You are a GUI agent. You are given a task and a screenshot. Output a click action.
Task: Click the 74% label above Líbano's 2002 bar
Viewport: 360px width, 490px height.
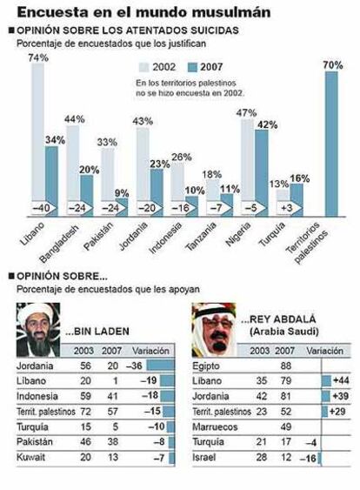click(38, 57)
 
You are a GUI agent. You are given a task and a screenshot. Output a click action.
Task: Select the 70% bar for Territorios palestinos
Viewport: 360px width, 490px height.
click(331, 144)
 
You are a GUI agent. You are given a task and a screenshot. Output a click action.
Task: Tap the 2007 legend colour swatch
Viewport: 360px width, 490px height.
click(193, 67)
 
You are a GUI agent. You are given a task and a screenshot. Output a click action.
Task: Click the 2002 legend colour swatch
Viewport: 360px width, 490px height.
click(143, 67)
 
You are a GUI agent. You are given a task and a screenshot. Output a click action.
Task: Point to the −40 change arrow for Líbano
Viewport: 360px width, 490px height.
click(43, 208)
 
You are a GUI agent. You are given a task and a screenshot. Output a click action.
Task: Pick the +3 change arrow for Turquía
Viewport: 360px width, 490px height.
click(289, 208)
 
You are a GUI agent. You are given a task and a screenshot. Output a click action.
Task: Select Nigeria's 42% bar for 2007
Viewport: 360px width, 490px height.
click(262, 173)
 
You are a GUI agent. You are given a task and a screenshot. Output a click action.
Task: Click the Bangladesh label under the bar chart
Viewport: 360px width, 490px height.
click(59, 243)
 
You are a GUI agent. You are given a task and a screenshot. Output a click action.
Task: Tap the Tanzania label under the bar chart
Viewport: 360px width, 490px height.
click(201, 236)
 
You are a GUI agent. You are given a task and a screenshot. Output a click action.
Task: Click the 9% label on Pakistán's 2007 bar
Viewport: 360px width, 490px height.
click(122, 193)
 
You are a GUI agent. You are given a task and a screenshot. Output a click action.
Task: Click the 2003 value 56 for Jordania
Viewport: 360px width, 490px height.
click(85, 366)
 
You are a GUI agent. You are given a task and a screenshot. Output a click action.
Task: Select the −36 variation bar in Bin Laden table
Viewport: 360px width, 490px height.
click(161, 366)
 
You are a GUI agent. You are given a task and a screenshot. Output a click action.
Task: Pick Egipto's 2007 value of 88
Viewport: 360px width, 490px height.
click(286, 366)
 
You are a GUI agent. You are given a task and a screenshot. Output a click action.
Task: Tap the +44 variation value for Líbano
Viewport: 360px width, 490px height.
click(341, 380)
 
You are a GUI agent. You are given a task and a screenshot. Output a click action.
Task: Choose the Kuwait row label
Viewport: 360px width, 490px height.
click(30, 457)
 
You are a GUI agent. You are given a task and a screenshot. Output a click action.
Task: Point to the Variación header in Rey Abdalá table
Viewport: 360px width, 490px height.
click(324, 351)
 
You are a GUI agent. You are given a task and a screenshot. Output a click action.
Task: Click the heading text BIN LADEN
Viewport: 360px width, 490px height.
click(97, 332)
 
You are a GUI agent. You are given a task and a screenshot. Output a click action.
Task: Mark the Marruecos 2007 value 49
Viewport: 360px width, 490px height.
click(286, 426)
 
